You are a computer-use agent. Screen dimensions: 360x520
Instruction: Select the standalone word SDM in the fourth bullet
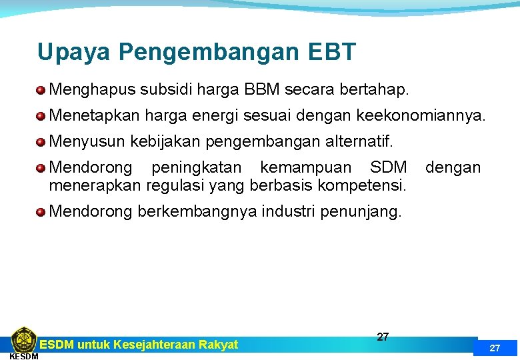pos(388,168)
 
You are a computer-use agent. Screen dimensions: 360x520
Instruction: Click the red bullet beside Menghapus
pos(41,89)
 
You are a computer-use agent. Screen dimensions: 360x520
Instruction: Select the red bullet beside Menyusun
pos(41,143)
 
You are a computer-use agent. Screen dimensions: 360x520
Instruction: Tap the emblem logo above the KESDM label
pos(23,339)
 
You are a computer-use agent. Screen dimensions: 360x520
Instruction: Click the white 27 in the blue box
pos(495,348)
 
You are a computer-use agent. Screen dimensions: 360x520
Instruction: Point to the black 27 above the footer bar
pos(383,337)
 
